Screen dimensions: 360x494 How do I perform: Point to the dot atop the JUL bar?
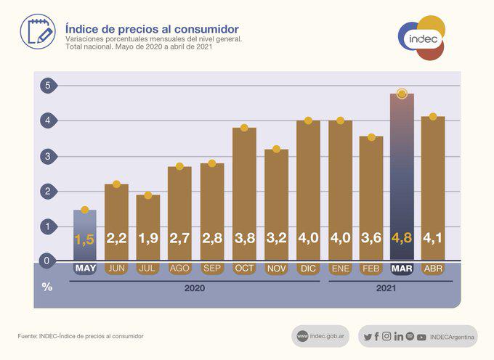(148, 195)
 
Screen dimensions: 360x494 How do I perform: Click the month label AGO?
(180, 269)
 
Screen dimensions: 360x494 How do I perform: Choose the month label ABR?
(433, 269)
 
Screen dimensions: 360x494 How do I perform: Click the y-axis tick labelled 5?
(47, 86)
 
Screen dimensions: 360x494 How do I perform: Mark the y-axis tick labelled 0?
(47, 261)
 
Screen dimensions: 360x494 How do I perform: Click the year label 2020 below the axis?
(195, 289)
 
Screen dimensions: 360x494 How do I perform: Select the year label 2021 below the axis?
(386, 289)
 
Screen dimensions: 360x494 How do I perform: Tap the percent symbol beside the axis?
(47, 287)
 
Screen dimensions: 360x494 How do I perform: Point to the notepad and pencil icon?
(37, 30)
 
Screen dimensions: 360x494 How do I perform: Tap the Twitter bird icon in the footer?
(368, 336)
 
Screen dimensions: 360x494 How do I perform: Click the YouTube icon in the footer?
(421, 336)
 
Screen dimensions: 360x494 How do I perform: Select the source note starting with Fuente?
(81, 336)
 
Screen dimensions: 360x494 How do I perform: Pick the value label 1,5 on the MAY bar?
(84, 239)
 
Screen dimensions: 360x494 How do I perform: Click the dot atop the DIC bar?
(308, 120)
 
